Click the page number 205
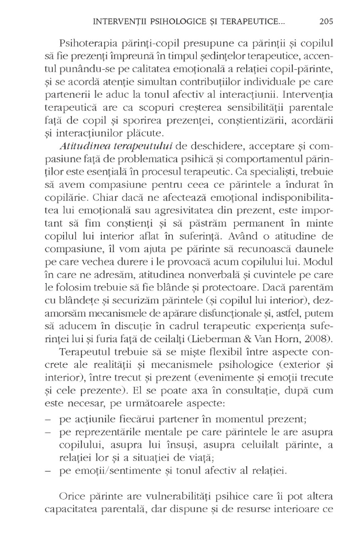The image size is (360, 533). coord(325,21)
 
